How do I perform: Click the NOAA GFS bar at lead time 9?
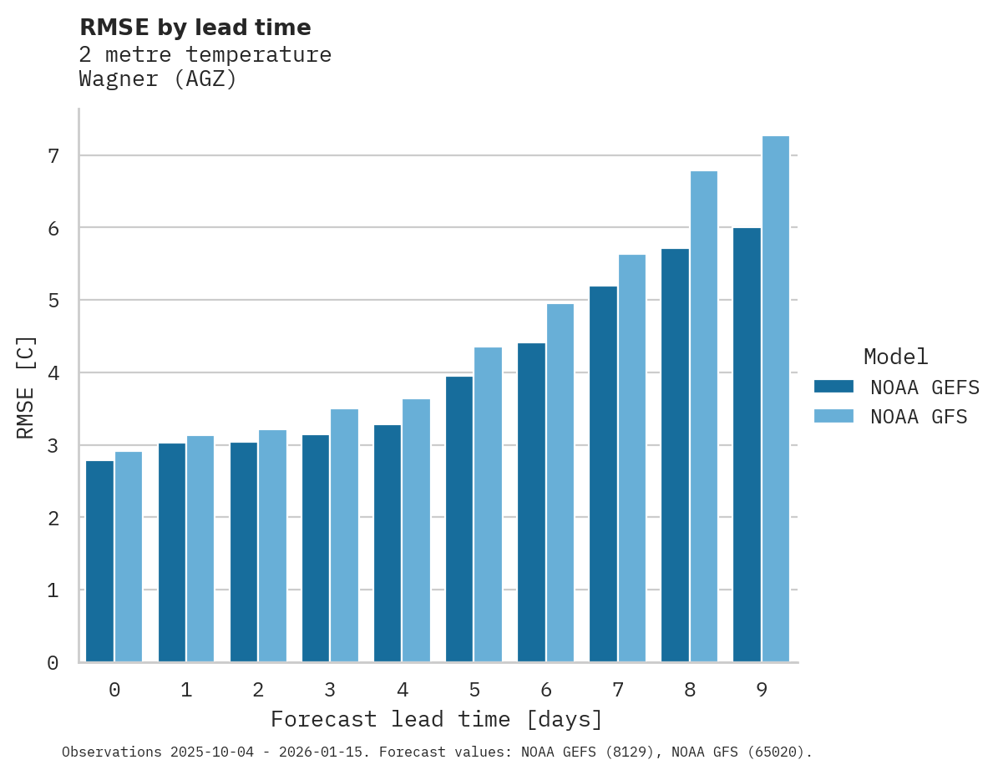(x=776, y=399)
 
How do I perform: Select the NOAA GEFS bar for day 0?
(x=100, y=561)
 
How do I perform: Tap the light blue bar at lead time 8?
(x=704, y=417)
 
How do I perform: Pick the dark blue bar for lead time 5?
(x=459, y=519)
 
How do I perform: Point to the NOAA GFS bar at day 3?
(x=345, y=535)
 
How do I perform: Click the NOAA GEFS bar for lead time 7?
(x=603, y=474)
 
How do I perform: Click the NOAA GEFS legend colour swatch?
(x=833, y=387)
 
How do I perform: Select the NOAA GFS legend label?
(x=919, y=417)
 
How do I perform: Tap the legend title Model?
(x=895, y=357)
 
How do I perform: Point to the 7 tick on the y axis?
(x=53, y=156)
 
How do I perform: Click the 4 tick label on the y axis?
(x=53, y=373)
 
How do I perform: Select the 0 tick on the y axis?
(x=53, y=663)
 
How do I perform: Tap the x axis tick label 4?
(x=403, y=691)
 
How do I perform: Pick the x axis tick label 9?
(x=762, y=691)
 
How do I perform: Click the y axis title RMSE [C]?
(x=27, y=387)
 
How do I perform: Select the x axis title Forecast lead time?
(x=436, y=719)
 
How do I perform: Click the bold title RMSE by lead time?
(x=195, y=28)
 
